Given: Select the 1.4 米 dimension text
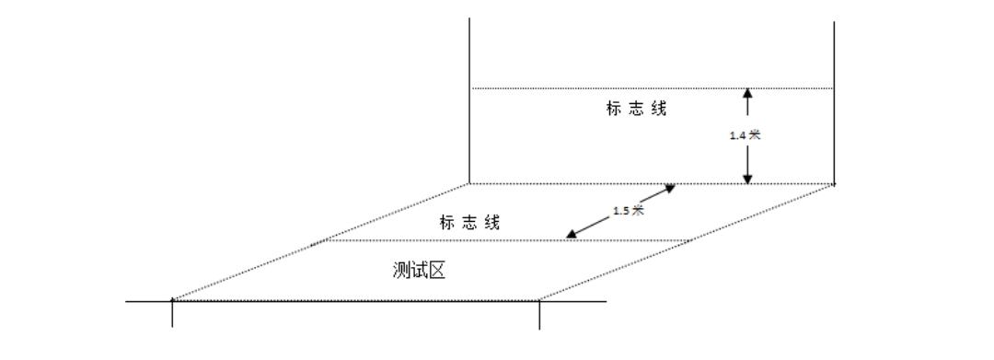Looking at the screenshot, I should click(x=745, y=134).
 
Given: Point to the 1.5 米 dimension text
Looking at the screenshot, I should click(x=628, y=210).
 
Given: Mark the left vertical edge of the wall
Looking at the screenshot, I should click(x=469, y=101).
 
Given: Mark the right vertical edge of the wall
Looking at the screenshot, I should click(x=834, y=101).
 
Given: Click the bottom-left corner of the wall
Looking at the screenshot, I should click(x=469, y=183).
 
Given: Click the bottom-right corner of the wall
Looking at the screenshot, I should click(x=834, y=183).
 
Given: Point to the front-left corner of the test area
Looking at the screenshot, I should click(x=172, y=299).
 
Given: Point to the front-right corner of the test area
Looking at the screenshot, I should click(x=539, y=299).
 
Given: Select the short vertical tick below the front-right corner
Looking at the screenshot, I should click(x=539, y=315).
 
